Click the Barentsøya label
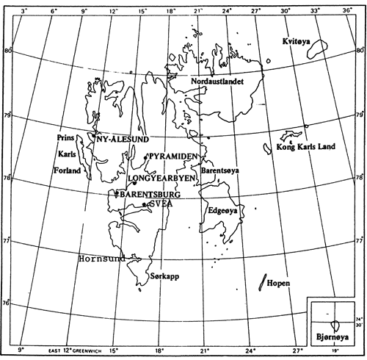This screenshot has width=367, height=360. tap(217, 169)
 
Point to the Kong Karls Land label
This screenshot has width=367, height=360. tap(305, 147)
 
